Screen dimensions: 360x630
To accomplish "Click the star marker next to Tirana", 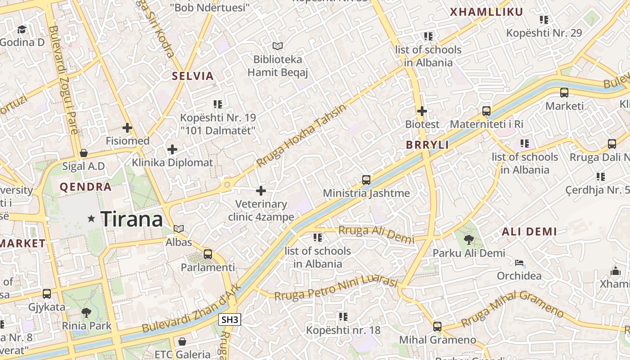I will click(x=91, y=219).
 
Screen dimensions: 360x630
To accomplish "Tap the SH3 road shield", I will click(x=230, y=320).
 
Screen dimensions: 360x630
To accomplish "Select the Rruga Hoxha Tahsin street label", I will click(x=301, y=135).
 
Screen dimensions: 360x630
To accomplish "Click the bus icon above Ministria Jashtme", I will click(x=366, y=180).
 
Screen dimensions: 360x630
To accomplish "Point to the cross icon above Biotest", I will click(x=422, y=111).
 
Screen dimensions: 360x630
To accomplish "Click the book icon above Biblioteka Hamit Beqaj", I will click(x=278, y=46).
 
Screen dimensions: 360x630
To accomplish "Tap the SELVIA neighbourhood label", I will click(x=193, y=76).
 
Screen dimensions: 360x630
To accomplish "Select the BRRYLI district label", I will click(x=427, y=145).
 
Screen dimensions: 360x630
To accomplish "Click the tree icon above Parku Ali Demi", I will click(x=468, y=239).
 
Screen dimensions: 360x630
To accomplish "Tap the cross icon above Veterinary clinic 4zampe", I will click(x=261, y=191).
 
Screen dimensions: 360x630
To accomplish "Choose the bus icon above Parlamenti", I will click(x=207, y=254).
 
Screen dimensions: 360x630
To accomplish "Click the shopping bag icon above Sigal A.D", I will click(x=83, y=153).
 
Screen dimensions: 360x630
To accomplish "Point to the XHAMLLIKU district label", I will click(x=486, y=12).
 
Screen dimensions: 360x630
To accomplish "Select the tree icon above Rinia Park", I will click(x=86, y=312).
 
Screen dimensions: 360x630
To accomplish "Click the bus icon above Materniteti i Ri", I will click(x=486, y=111).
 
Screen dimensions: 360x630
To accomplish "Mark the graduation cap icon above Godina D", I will click(x=22, y=30).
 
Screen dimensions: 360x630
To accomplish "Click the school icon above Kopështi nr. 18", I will click(x=343, y=316).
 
